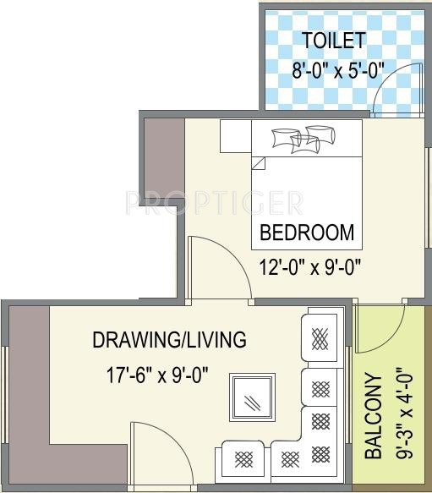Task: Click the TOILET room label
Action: tap(334, 40)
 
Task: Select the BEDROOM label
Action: tap(307, 233)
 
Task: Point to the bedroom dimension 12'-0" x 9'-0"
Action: tap(310, 267)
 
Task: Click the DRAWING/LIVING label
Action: tap(169, 340)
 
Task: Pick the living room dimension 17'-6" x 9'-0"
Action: tap(157, 372)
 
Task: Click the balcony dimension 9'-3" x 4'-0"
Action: tap(402, 409)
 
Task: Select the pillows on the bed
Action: tap(301, 140)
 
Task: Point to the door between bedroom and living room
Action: tap(218, 269)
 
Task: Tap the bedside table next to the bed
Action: tap(235, 136)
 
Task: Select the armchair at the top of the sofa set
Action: tap(321, 337)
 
